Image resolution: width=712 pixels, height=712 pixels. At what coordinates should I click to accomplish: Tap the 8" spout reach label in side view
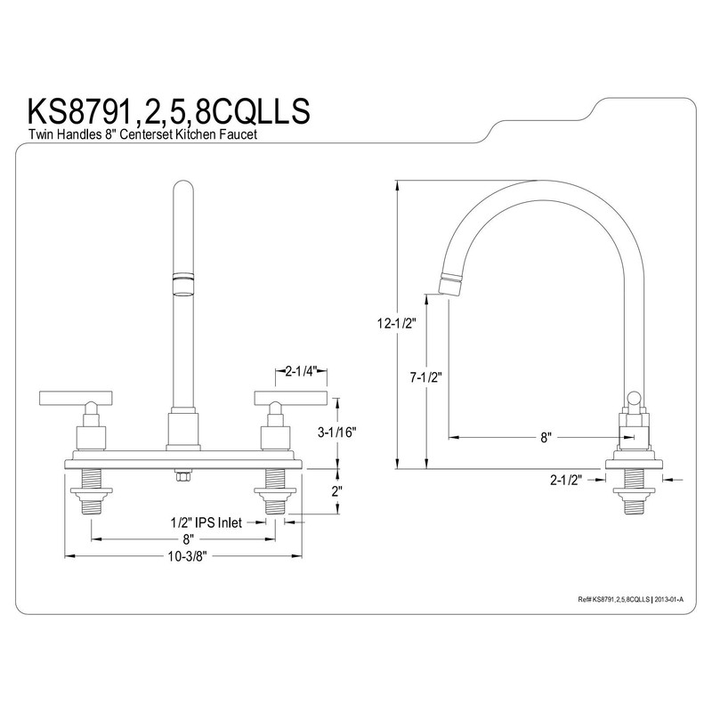click(546, 438)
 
